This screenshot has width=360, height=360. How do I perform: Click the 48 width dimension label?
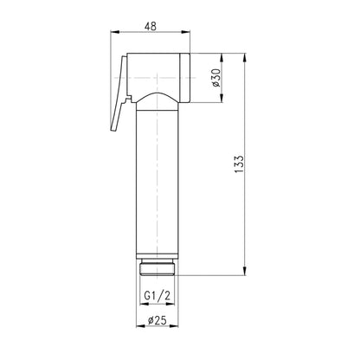click(x=151, y=26)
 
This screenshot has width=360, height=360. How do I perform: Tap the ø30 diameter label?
click(x=215, y=78)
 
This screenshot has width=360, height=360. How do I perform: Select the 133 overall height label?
click(x=239, y=164)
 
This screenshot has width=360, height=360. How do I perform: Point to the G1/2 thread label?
click(x=157, y=296)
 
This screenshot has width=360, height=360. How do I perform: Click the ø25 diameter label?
click(x=157, y=320)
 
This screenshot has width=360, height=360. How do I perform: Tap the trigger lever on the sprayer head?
click(x=119, y=93)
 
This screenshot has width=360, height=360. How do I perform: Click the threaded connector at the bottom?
click(x=157, y=267)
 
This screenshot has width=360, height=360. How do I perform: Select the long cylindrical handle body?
click(x=157, y=182)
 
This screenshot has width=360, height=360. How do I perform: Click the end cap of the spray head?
click(x=185, y=78)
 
